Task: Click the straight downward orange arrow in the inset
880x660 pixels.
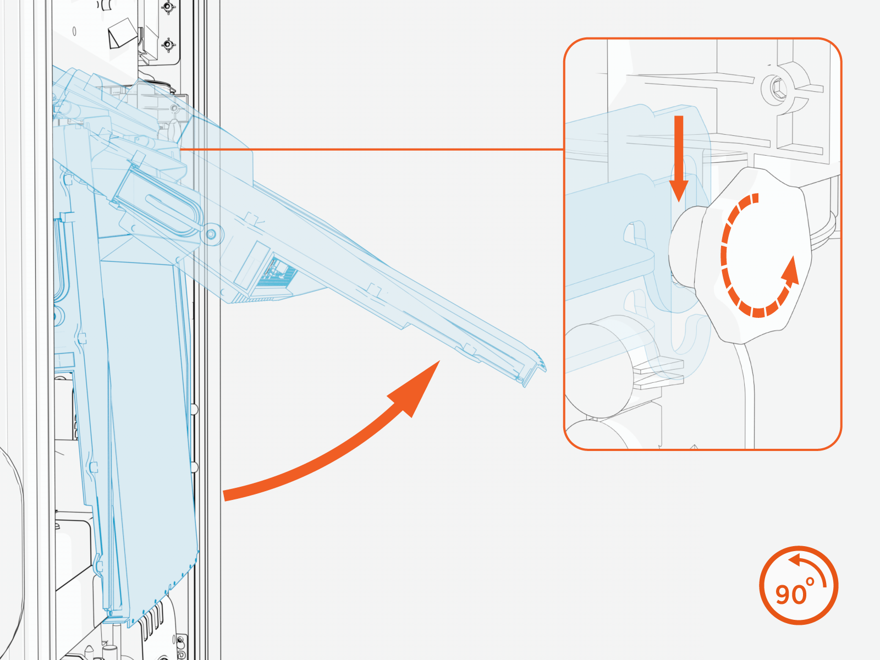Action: click(679, 159)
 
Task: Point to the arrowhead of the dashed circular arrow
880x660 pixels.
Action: click(790, 272)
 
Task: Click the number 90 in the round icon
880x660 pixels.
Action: click(791, 595)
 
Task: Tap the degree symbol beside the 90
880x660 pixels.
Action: click(810, 581)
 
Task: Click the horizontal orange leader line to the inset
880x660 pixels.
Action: click(372, 150)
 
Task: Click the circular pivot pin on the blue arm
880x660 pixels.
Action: click(211, 234)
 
